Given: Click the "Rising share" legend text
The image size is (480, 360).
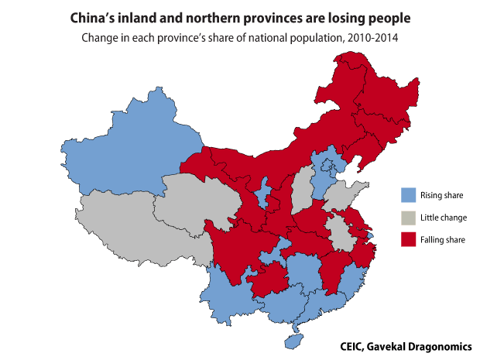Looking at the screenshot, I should click(441, 195).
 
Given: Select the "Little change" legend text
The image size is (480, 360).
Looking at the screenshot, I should click(444, 218).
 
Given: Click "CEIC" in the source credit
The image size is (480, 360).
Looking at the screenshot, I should click(353, 346).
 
